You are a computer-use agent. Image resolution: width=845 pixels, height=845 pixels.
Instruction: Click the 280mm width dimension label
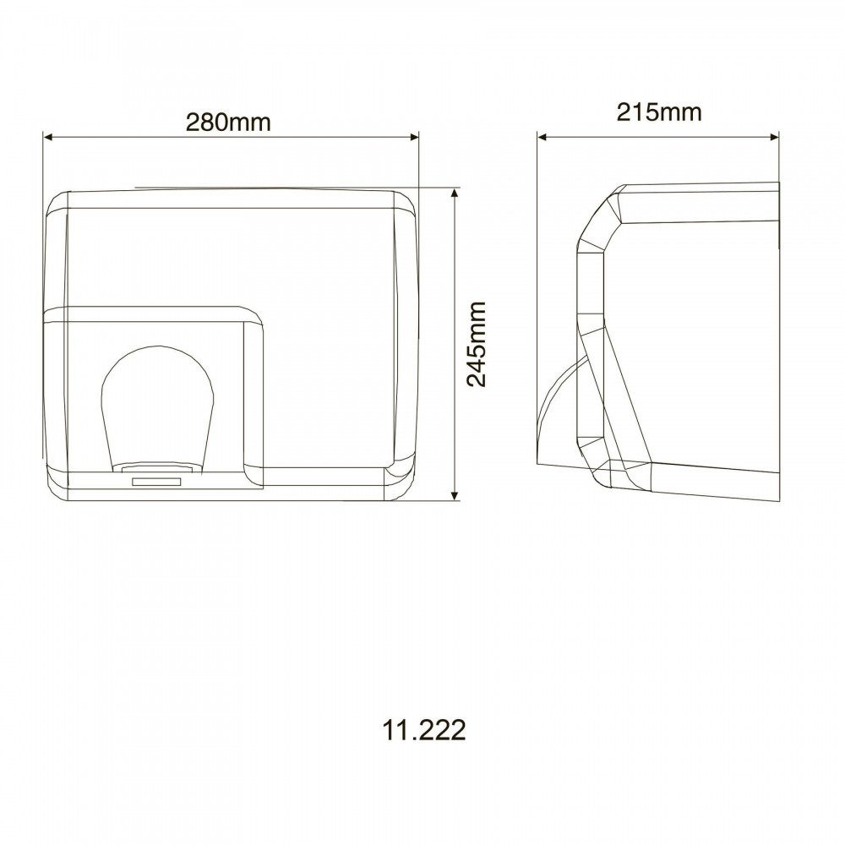[228, 123]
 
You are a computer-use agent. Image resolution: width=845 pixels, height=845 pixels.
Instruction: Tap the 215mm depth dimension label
[659, 112]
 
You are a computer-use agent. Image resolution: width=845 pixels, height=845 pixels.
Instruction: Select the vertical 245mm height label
[477, 344]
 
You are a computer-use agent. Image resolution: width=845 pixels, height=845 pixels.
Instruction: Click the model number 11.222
[424, 730]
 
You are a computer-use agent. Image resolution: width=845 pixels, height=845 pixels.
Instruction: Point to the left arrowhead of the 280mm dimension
[47, 137]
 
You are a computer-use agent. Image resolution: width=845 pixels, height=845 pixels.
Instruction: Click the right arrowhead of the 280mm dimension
[414, 137]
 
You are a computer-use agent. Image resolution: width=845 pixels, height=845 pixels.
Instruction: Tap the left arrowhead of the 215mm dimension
[542, 137]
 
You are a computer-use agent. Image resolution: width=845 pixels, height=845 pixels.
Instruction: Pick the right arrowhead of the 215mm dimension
[774, 137]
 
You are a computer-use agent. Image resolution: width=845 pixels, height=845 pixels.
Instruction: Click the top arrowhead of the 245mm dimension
[455, 193]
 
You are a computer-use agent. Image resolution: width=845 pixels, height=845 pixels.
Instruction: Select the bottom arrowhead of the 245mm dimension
[455, 496]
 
